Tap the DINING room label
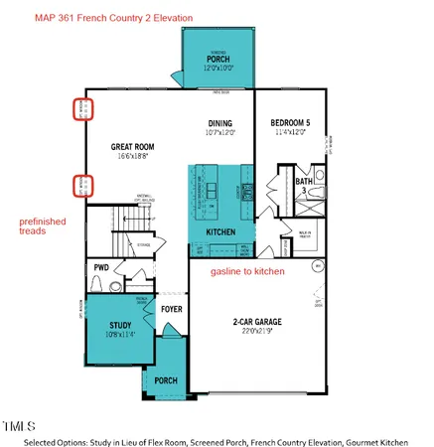pos(219,122)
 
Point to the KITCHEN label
pos(220,230)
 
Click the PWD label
pos(100,268)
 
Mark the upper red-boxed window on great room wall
pos(85,108)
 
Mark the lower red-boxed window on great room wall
pos(85,184)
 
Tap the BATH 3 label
pos(303,183)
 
